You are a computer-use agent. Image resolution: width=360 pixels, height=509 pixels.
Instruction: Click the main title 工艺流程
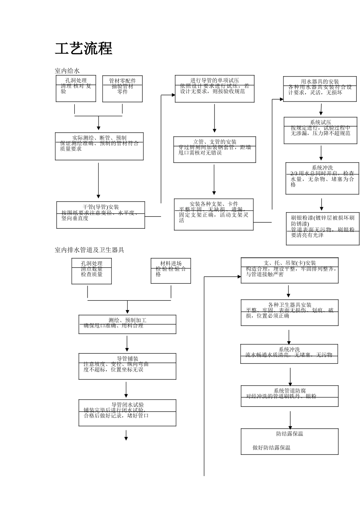pos(84,49)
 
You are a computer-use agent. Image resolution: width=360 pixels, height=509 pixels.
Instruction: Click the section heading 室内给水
pos(67,71)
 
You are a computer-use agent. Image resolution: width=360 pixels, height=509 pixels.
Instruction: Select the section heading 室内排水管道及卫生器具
pos(89,250)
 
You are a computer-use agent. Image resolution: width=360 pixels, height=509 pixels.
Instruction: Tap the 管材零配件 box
pos(122,89)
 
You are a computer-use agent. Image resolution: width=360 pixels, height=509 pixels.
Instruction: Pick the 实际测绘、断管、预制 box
pos(99,146)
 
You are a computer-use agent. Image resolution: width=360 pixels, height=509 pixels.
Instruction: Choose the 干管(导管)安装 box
pos(101,215)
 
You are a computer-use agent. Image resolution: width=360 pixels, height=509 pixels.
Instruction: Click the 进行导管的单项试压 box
pos(214,89)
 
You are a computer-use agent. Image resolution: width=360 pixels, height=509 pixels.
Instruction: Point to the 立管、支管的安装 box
pos(214,150)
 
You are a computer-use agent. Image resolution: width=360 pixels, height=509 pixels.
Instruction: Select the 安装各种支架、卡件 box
pos(214,214)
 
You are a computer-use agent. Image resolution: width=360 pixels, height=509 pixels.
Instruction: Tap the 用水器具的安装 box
pos(320,89)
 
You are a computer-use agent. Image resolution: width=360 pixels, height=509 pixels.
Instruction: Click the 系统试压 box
pos(320,131)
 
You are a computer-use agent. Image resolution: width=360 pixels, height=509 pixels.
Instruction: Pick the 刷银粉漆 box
pos(322,228)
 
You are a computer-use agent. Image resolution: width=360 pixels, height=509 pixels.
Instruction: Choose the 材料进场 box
pos(171,271)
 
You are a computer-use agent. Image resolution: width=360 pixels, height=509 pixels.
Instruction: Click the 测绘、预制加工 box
pos(127,324)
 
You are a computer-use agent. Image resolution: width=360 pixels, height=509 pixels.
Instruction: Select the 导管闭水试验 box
pos(127,412)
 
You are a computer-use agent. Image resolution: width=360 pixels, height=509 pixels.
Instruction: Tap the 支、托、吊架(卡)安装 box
pos(290,270)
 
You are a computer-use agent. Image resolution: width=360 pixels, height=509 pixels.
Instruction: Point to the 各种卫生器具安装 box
pos(290,312)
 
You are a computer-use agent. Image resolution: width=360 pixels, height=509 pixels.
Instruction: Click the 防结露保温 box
pos(290,441)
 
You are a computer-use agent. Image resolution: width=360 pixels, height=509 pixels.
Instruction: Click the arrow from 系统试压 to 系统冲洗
pos(321,153)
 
